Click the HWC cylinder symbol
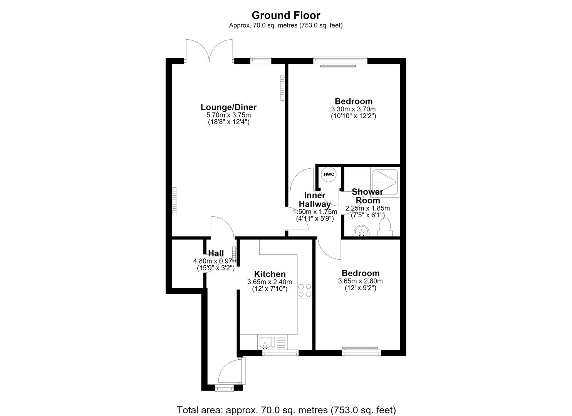pos(329,174)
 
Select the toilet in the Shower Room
pos(385,227)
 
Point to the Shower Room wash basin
pos(362,231)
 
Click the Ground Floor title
pos(286,15)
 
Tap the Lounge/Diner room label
pos(228,107)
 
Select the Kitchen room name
pos(270,274)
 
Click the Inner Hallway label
pos(315,200)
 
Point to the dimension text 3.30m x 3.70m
pos(354,109)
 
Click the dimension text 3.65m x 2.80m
pos(360,281)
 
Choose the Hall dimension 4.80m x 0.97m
pos(215,261)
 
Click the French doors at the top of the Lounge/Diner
pos(209,51)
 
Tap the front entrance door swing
pos(230,371)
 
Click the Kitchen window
pos(280,354)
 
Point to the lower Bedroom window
pos(361,352)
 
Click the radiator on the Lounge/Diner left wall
pos(174,201)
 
